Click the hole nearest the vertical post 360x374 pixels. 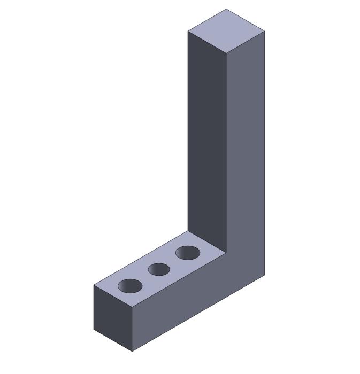[x=188, y=253]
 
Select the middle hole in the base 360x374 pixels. [x=159, y=269]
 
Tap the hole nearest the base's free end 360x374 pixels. [x=131, y=286]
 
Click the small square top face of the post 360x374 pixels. [x=226, y=31]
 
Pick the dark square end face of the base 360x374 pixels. [x=113, y=318]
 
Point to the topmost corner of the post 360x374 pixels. [x=226, y=9]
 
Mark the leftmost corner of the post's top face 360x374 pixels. [x=188, y=32]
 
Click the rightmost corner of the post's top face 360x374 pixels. [x=265, y=31]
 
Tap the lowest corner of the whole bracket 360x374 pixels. [x=132, y=352]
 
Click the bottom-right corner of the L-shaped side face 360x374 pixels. [x=265, y=275]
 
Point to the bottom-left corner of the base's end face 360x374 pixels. [x=94, y=330]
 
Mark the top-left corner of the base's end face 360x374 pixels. [x=94, y=285]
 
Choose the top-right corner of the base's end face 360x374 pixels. [x=132, y=307]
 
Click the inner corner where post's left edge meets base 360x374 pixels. [x=188, y=231]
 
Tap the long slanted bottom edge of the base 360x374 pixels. [x=198, y=314]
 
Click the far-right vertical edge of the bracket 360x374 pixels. [x=265, y=155]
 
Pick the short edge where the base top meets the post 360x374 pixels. [x=208, y=242]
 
